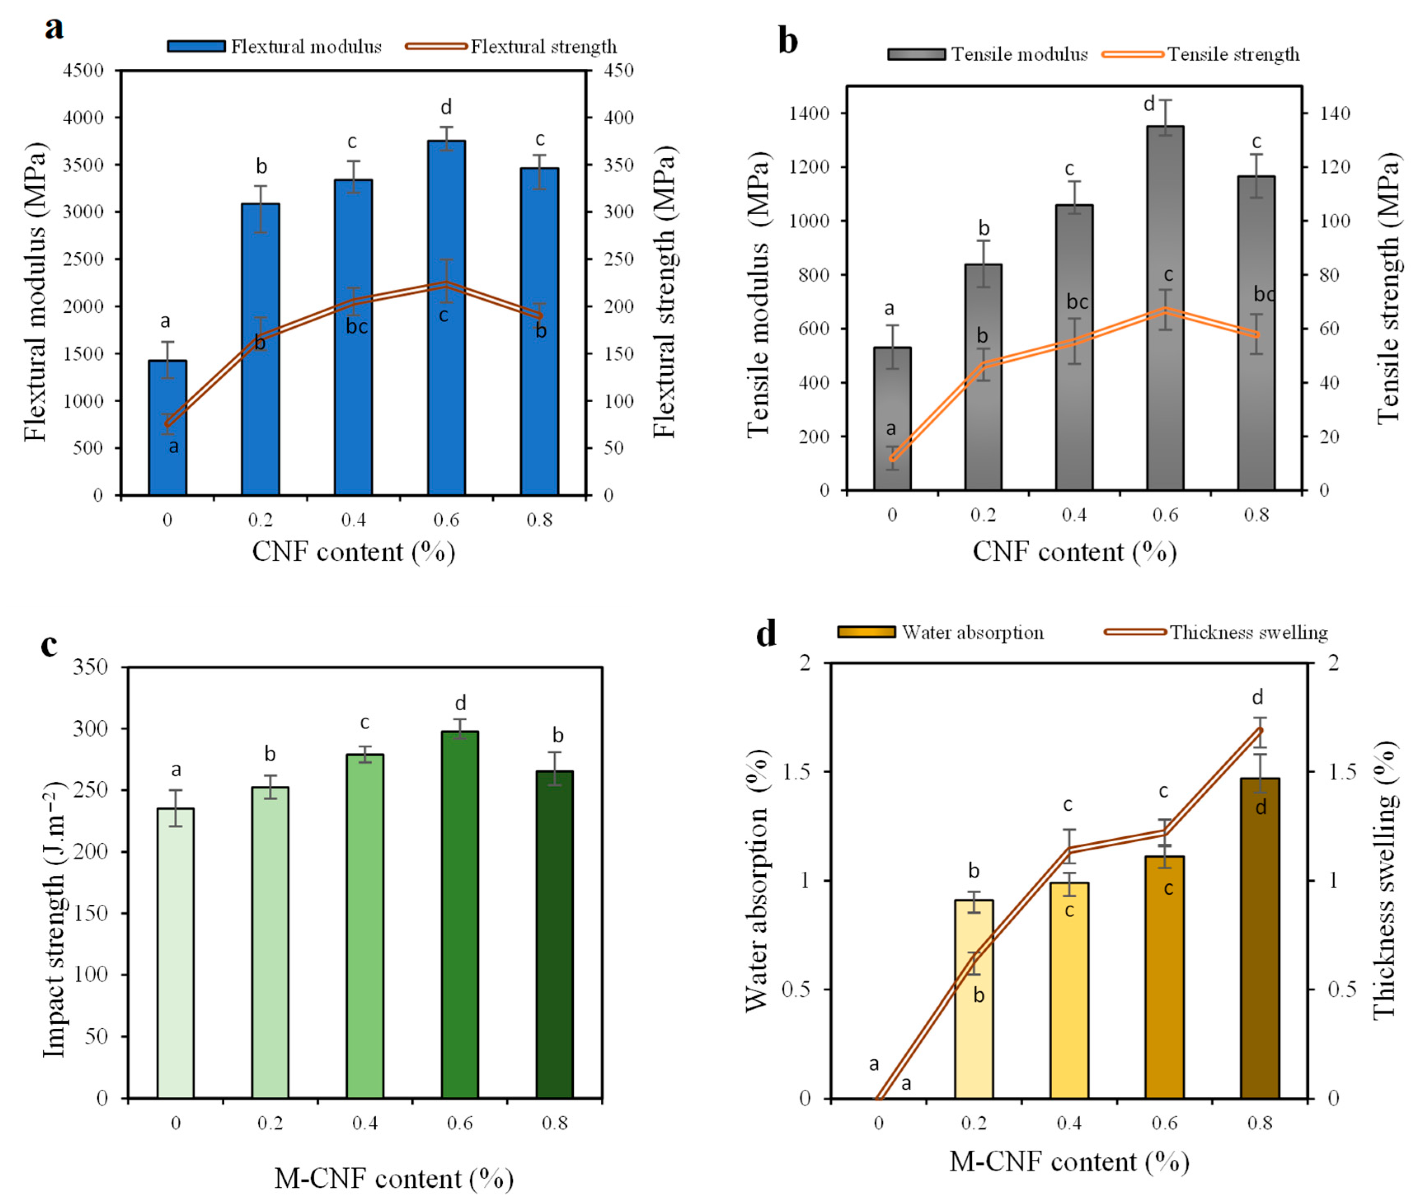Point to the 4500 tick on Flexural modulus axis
tap(83, 70)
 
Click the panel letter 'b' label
tap(788, 41)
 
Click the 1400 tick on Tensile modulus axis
tap(809, 113)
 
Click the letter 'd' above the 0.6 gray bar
tap(1149, 104)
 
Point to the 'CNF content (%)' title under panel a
tap(353, 552)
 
